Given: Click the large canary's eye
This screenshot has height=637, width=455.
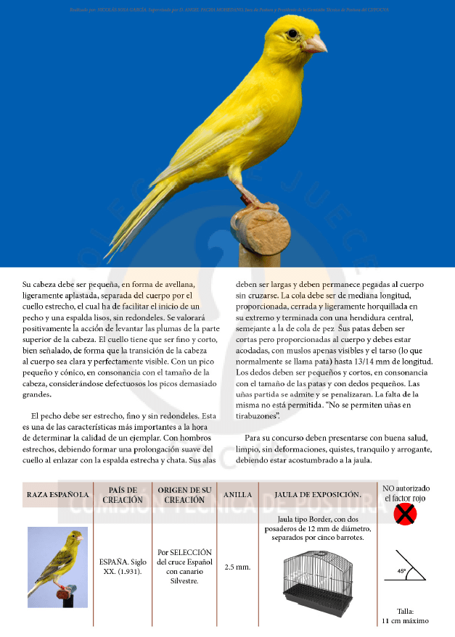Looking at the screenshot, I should tap(292, 33).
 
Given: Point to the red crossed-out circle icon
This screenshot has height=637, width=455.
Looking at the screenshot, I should tap(405, 515).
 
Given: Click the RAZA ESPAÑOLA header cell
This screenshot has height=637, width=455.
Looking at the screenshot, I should tap(58, 494).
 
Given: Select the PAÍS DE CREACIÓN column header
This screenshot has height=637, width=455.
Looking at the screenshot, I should tap(122, 495).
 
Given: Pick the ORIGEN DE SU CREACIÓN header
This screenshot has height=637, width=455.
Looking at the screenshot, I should tap(184, 495).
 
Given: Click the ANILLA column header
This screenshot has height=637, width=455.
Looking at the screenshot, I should tap(237, 494).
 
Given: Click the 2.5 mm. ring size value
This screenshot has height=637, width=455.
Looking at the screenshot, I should tap(237, 566).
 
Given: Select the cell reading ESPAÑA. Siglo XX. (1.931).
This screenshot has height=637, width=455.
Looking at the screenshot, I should tap(122, 566).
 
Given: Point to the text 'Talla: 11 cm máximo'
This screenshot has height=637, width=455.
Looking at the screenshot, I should tap(405, 615).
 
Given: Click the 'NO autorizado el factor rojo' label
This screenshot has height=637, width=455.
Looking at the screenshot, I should tap(406, 494).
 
